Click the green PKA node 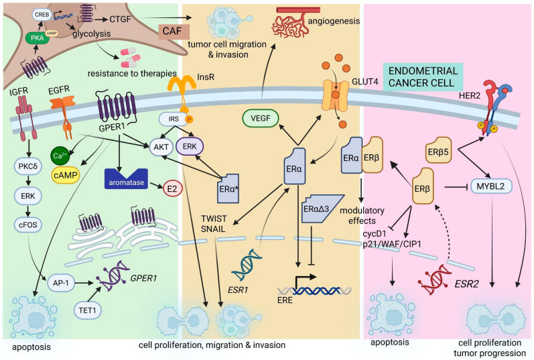pyautogui.click(x=37, y=38)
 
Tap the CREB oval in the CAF pyautogui.click(x=42, y=15)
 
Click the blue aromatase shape pyautogui.click(x=127, y=178)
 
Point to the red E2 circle pyautogui.click(x=173, y=188)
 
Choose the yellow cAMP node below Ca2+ pyautogui.click(x=66, y=175)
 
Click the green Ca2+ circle pyautogui.click(x=60, y=156)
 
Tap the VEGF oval pyautogui.click(x=261, y=118)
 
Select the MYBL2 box pyautogui.click(x=491, y=186)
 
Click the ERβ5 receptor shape pyautogui.click(x=439, y=150)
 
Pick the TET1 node pyautogui.click(x=88, y=310)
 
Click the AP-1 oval pyautogui.click(x=61, y=283)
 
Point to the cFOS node pyautogui.click(x=28, y=225)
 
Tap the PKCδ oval pyautogui.click(x=28, y=167)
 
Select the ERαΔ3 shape pyautogui.click(x=320, y=208)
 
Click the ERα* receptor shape pyautogui.click(x=228, y=188)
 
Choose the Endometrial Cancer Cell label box pyautogui.click(x=423, y=76)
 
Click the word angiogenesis pyautogui.click(x=334, y=21)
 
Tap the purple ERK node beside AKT pyautogui.click(x=190, y=147)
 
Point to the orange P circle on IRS pyautogui.click(x=189, y=119)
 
